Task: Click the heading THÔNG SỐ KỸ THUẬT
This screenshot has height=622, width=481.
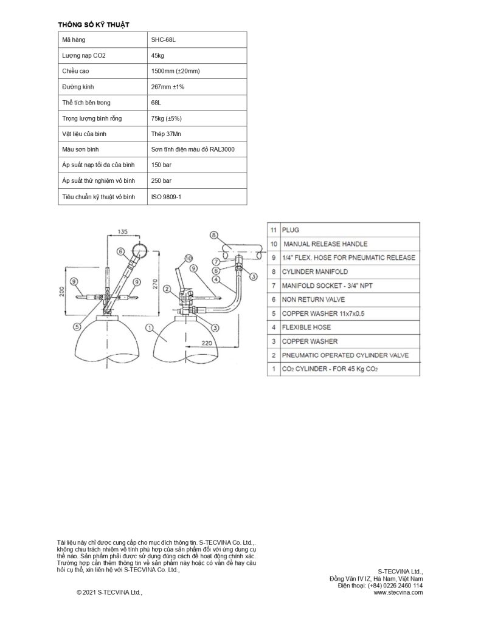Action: coord(93,24)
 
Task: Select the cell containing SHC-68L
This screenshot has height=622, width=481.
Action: coord(162,39)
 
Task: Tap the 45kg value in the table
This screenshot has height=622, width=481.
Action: coord(157,55)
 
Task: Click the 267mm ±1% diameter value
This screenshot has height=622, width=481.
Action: coord(167,87)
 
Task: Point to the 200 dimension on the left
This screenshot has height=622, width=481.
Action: coord(62,292)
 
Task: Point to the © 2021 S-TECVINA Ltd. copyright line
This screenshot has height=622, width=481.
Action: coord(109,592)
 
